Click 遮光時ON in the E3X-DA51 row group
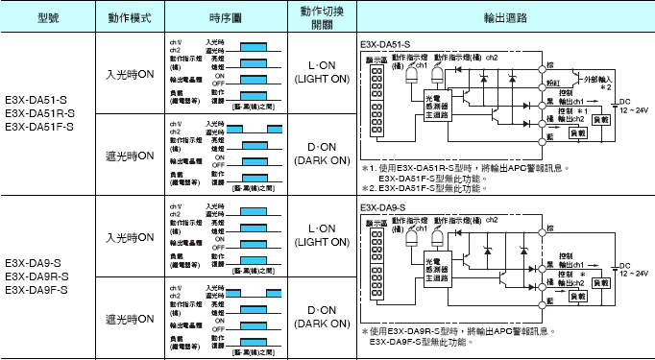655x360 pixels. click(x=130, y=155)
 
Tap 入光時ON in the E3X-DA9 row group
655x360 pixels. click(x=130, y=237)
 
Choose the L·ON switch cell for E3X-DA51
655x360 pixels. click(x=323, y=74)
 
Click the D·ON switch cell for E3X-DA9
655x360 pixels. click(x=323, y=317)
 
